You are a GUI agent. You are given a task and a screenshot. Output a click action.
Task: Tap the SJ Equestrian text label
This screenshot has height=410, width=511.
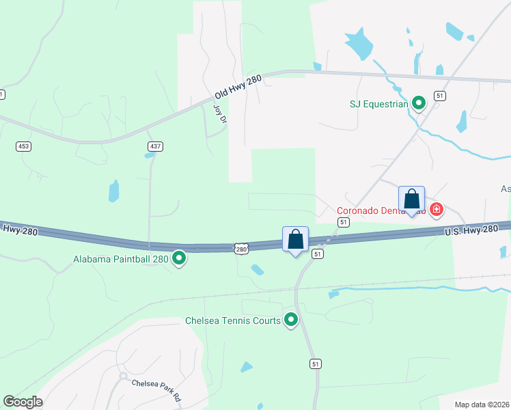tap(378, 105)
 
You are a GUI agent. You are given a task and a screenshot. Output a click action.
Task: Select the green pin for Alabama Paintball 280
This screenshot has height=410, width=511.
tap(179, 258)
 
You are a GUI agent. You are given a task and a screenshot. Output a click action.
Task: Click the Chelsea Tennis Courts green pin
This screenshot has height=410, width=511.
tap(291, 319)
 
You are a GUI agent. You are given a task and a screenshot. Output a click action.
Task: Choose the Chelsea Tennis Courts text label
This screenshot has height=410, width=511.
tap(233, 320)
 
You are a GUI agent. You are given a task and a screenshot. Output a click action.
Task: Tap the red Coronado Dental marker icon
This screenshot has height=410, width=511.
tap(435, 208)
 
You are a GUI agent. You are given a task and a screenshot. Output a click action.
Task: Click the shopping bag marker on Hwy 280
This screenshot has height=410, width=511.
tap(295, 240)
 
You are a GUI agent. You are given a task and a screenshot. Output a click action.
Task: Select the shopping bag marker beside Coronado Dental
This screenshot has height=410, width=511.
tap(412, 200)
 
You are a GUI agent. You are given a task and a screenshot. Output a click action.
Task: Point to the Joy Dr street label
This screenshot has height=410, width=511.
tap(219, 113)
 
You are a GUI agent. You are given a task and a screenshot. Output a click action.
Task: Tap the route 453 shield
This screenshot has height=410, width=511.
tap(24, 146)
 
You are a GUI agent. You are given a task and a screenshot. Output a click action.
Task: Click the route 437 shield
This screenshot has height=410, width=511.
tap(154, 146)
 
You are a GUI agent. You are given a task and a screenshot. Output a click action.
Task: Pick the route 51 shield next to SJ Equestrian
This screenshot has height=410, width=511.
tap(440, 96)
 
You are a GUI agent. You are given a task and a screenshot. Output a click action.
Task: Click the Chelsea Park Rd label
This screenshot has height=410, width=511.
tap(156, 389)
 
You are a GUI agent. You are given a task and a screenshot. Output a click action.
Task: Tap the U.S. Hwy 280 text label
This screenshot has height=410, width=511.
tap(471, 230)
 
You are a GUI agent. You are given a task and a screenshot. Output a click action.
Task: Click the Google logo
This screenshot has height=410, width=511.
tap(23, 402)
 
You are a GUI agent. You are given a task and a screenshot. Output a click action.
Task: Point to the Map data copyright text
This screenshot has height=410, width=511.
tap(482, 405)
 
